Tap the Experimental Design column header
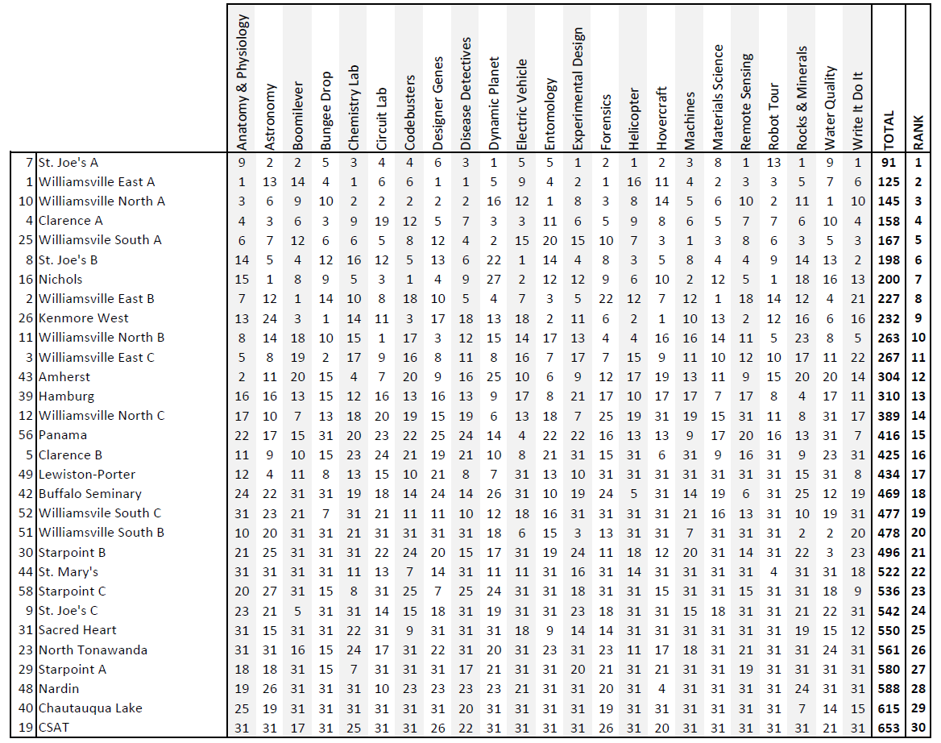click(578, 89)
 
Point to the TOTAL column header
click(889, 129)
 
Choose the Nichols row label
click(60, 279)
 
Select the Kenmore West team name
click(77, 318)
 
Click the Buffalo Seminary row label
click(89, 493)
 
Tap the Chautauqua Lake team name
click(90, 708)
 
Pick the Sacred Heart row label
click(77, 629)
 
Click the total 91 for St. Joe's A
click(889, 162)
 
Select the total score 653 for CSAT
click(889, 728)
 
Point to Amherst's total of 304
click(889, 376)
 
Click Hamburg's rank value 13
click(918, 396)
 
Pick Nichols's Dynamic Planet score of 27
click(494, 279)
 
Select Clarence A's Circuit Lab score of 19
click(382, 221)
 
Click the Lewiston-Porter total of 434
click(889, 474)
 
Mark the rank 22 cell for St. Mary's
click(918, 571)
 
